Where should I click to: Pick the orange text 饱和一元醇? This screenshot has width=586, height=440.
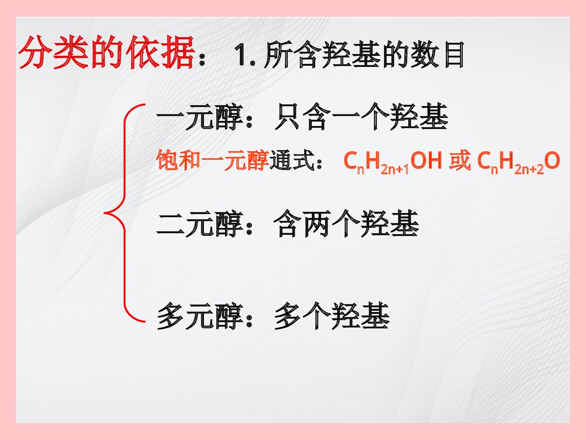click(213, 160)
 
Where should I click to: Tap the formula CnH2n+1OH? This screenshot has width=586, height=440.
click(392, 161)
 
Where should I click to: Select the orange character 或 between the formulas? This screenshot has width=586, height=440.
click(460, 160)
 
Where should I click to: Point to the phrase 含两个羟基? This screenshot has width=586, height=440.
click(346, 225)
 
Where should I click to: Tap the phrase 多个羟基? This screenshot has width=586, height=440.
click(332, 317)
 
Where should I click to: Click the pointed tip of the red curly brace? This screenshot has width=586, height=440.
click(106, 212)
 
